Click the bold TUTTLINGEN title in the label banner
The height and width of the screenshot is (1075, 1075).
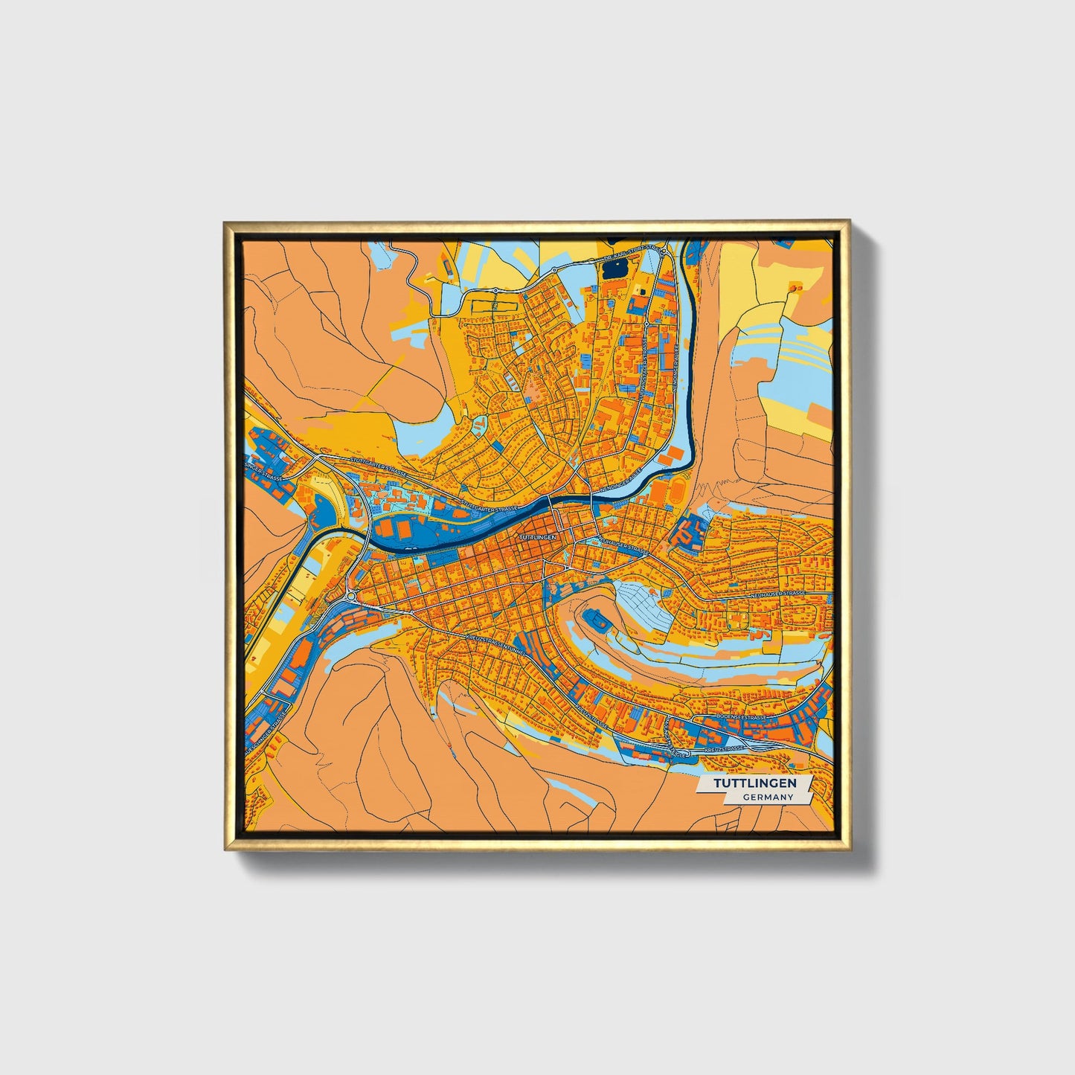coord(755,783)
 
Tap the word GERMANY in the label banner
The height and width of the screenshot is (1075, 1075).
coord(766,797)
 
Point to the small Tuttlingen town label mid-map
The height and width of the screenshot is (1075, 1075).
coord(537,536)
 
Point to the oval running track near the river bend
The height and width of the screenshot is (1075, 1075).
coord(678,489)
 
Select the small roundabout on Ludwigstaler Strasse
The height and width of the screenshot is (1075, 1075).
coord(350,596)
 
